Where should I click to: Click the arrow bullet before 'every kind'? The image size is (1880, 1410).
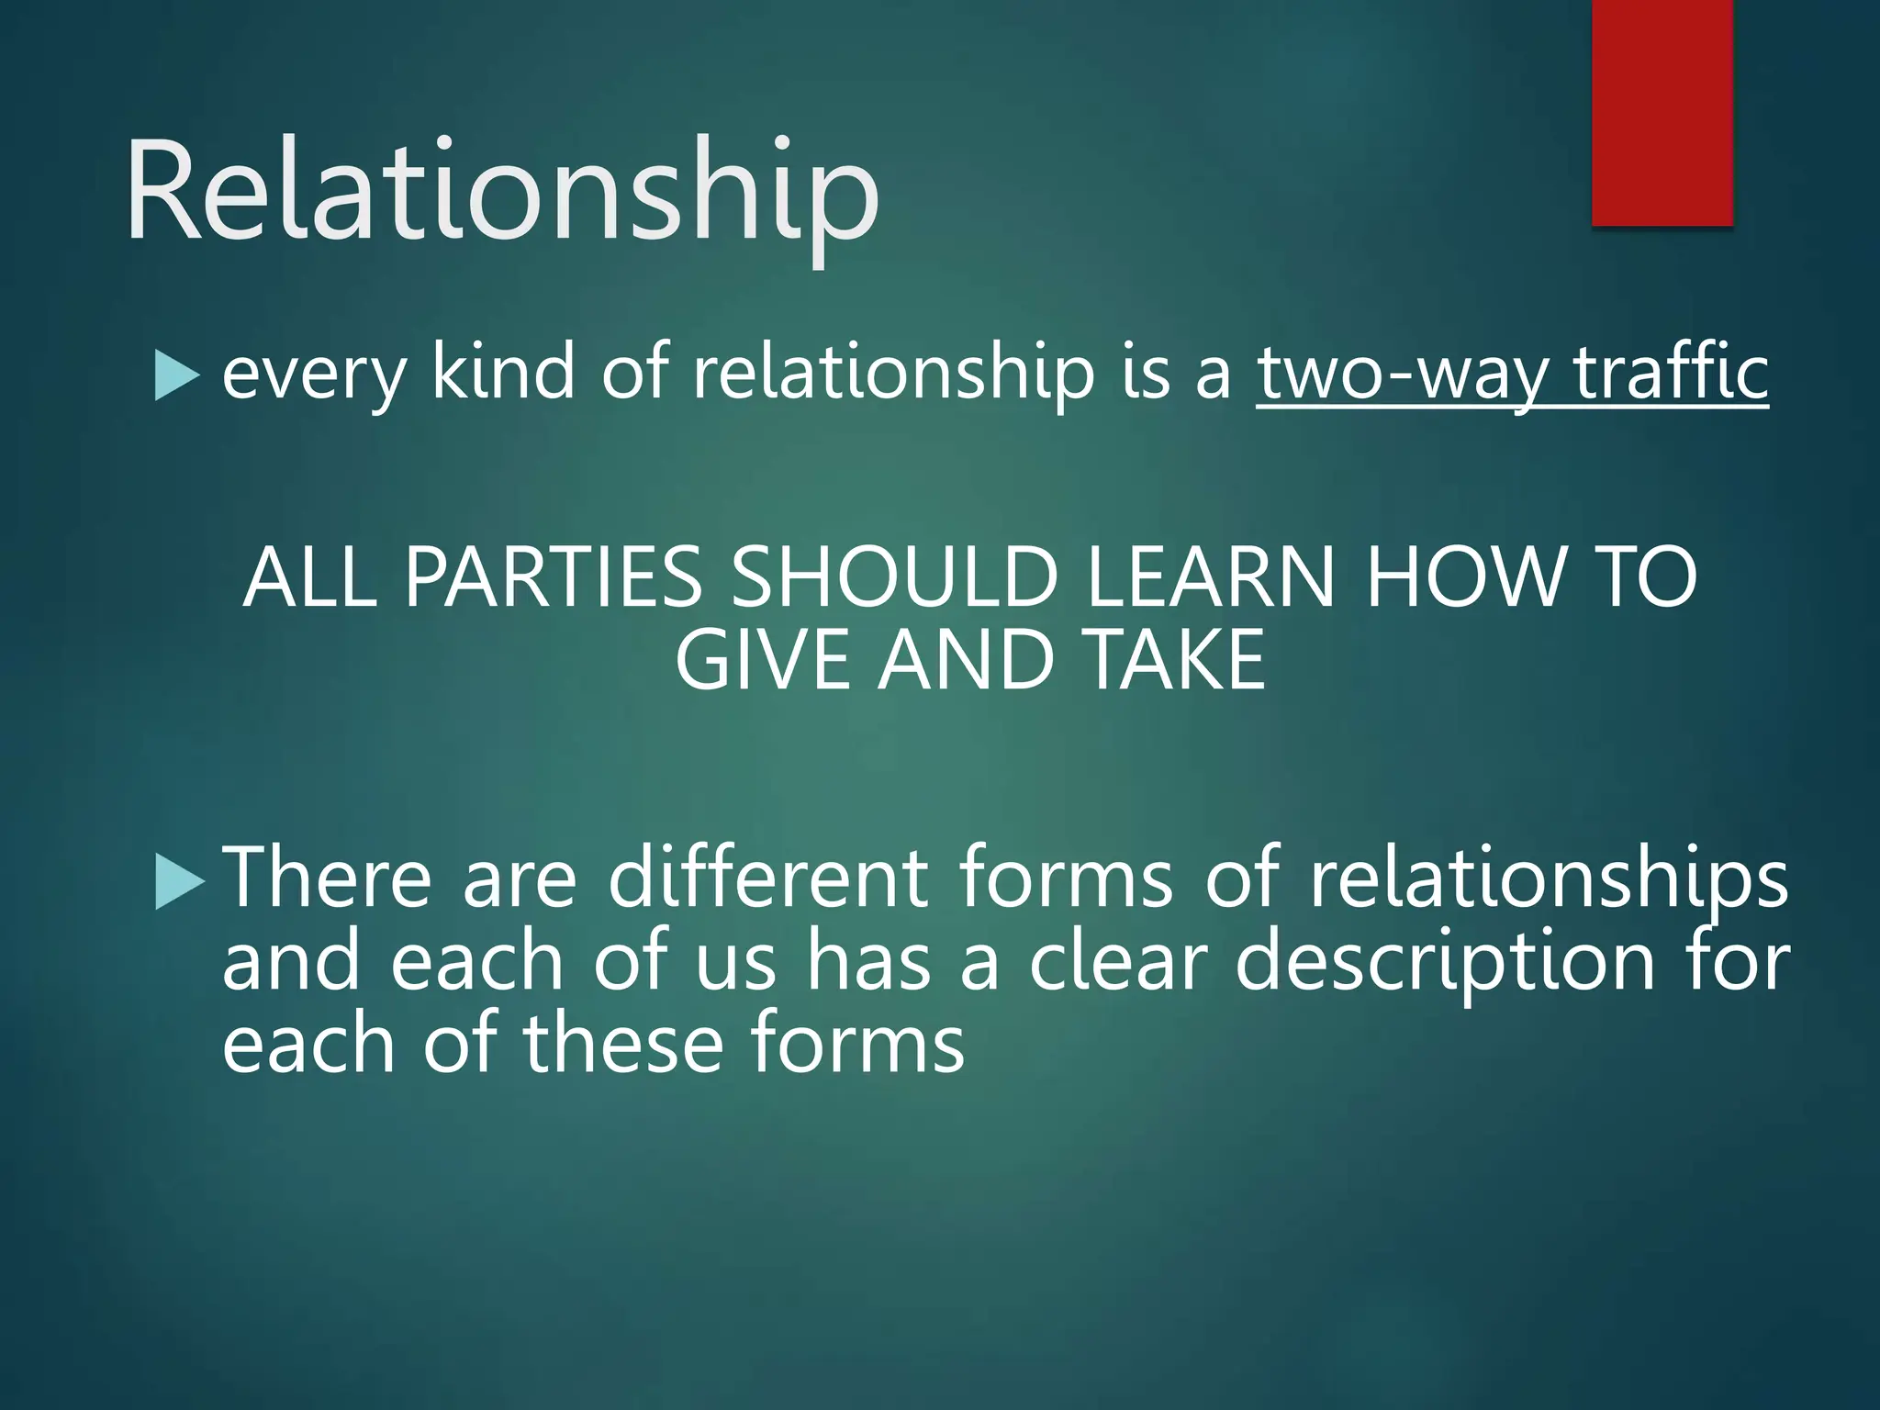pyautogui.click(x=176, y=376)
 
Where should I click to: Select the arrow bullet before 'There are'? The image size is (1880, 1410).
pyautogui.click(x=179, y=881)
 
